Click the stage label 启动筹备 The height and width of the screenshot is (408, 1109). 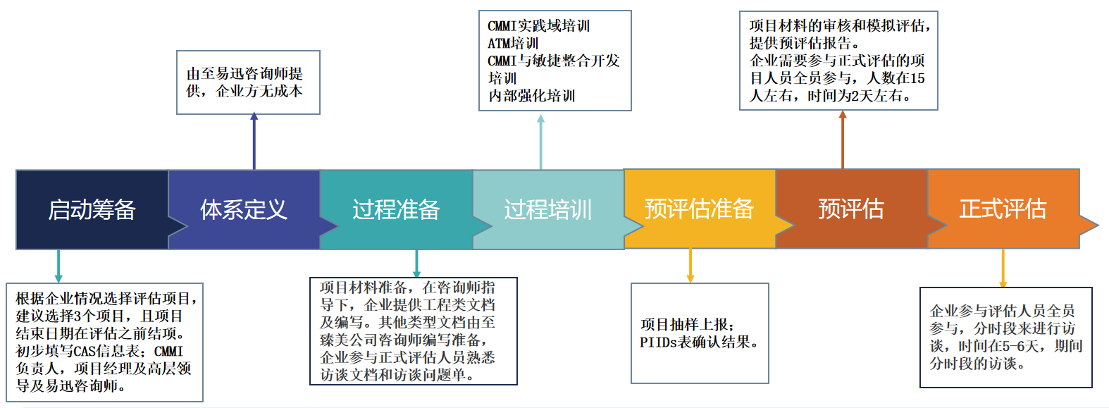[x=92, y=209]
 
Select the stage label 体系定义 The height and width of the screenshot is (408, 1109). [x=244, y=209]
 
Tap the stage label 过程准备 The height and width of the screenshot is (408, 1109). [x=396, y=209]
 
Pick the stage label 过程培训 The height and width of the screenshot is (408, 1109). [x=547, y=209]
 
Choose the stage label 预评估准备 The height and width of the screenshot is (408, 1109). [x=699, y=209]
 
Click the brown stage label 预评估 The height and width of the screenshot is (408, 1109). [x=850, y=209]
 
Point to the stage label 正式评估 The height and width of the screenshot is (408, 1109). [x=1003, y=209]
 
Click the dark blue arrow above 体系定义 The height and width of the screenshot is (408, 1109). [x=254, y=141]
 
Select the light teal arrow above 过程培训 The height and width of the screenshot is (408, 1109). [x=540, y=141]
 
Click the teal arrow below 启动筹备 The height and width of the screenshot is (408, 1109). [x=58, y=266]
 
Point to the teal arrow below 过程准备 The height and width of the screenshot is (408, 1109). [x=416, y=264]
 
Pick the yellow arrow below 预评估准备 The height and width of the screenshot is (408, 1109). [x=690, y=266]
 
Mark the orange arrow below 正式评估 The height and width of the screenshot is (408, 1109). [x=1003, y=268]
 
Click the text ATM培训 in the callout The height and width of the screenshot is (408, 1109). [x=513, y=43]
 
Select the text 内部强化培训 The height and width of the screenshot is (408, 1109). [x=531, y=96]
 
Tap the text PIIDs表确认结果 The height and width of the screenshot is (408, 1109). [x=698, y=342]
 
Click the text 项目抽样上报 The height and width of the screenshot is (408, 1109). [x=687, y=325]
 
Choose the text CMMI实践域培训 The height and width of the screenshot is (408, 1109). [x=538, y=26]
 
